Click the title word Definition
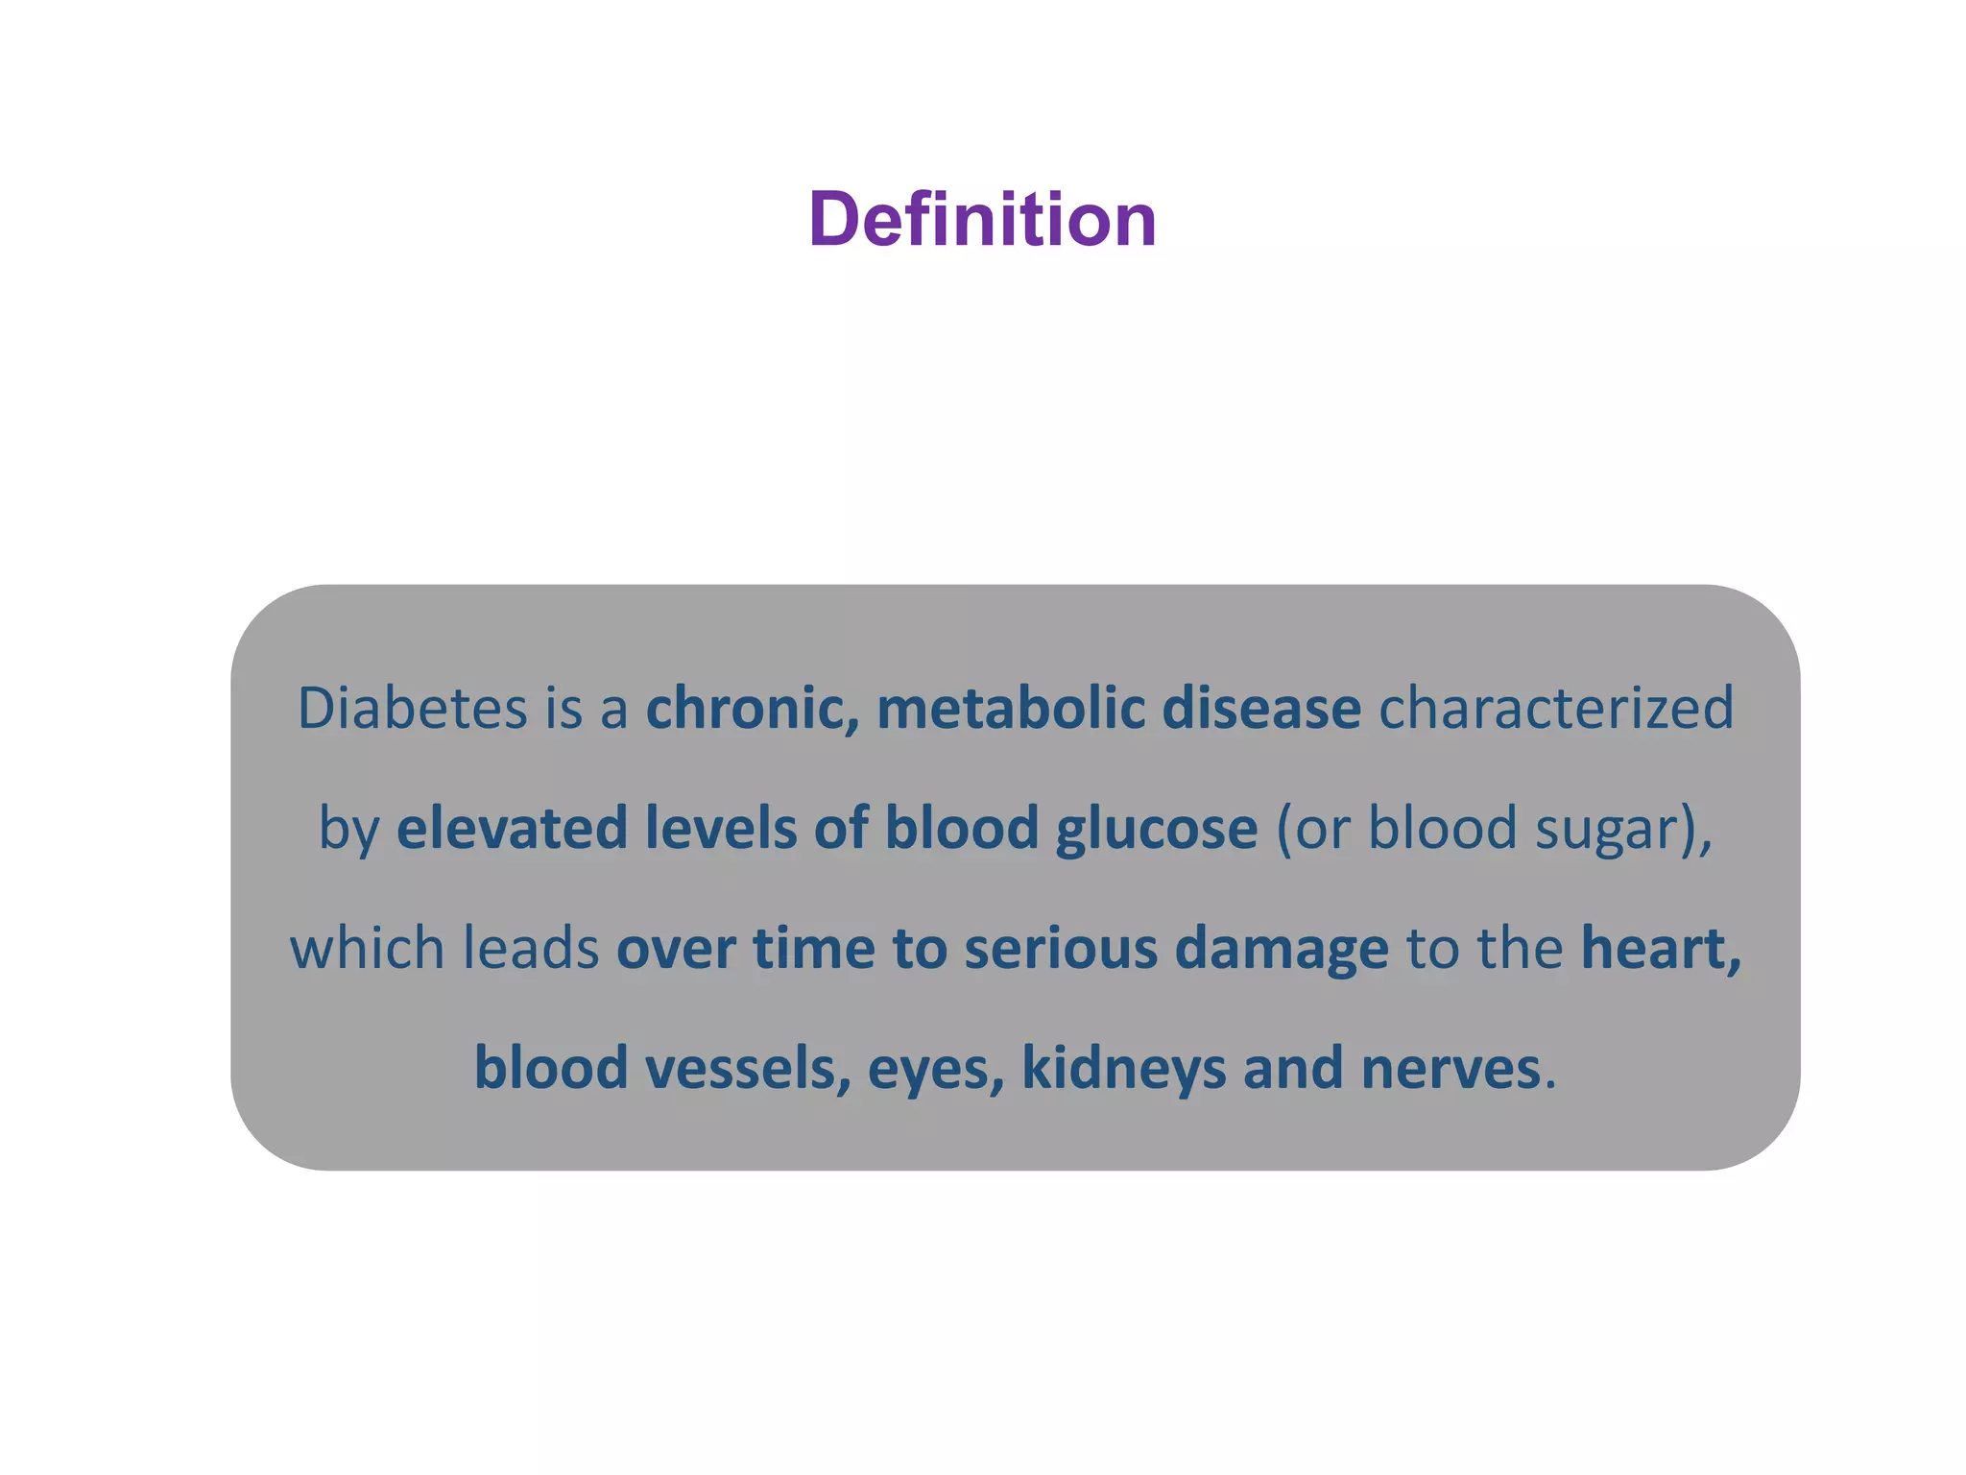[982, 219]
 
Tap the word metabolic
[1011, 709]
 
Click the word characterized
[1556, 709]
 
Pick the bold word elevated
[512, 828]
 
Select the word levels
[721, 828]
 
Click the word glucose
[1157, 830]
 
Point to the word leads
[531, 948]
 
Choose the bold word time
[813, 948]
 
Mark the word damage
[1282, 950]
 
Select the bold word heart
[1660, 948]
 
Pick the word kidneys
[1124, 1068]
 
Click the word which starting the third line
[368, 948]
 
